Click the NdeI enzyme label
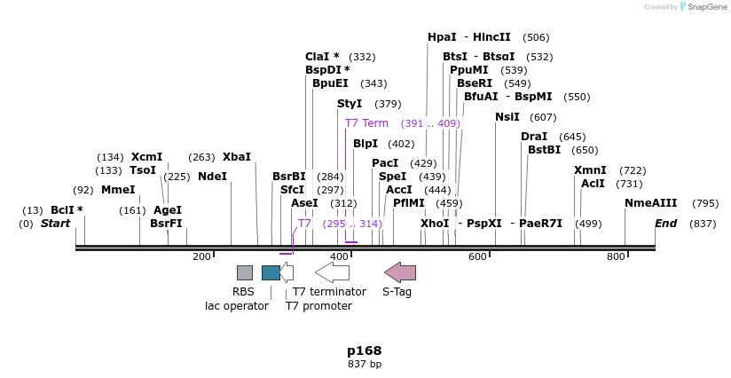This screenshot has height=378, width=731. point(212,177)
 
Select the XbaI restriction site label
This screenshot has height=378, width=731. point(237,157)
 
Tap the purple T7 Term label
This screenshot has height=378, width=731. point(366,123)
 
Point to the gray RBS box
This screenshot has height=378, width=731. point(244,272)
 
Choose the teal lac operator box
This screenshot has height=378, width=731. point(271,272)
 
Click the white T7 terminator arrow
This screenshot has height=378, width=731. point(332,272)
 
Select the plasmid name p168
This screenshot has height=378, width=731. point(365,350)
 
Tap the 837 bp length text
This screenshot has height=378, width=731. point(365,365)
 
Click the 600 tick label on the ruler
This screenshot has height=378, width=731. point(477,256)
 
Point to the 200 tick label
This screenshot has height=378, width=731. point(201,256)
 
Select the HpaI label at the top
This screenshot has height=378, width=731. point(442,37)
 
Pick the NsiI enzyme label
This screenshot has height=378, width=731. point(507,117)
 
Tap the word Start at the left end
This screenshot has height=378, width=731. point(55,224)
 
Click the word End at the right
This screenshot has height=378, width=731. point(666,224)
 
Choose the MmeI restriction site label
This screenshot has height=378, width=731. point(118,190)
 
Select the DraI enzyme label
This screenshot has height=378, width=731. point(534,137)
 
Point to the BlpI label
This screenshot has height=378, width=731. point(365,144)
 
